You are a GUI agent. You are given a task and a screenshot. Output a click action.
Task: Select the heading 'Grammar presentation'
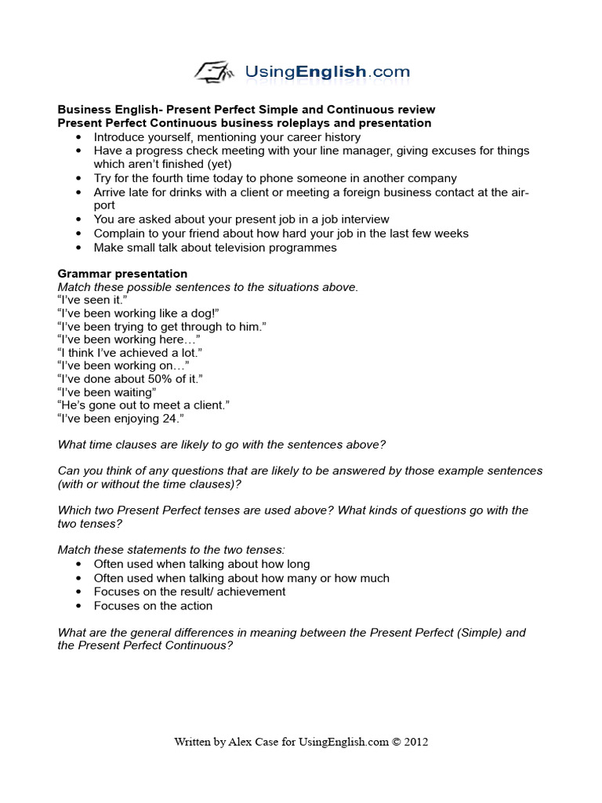[x=122, y=274]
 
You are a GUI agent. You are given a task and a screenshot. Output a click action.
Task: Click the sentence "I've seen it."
[x=92, y=300]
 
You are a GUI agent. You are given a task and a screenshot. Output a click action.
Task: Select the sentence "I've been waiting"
[x=107, y=391]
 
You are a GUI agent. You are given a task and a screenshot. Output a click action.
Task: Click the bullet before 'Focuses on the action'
[x=79, y=606]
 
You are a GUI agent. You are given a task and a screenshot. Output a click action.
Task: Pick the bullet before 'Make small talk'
[x=79, y=248]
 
